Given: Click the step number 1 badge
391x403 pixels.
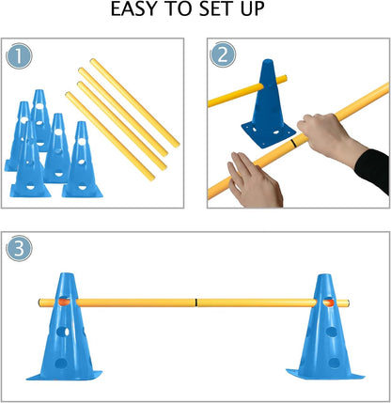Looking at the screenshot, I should click(x=18, y=57).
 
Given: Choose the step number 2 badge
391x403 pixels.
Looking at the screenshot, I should click(x=222, y=57).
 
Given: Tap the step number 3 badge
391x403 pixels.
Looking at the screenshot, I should click(x=18, y=252).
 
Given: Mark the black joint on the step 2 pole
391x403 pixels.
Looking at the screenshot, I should click(x=295, y=145).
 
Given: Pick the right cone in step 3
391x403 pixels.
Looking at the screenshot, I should click(x=326, y=329).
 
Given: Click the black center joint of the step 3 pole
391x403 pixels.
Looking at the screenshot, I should click(x=195, y=302).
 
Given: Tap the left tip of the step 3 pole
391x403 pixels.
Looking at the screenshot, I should click(x=40, y=302).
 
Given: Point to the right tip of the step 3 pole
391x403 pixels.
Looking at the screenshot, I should click(x=350, y=302).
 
